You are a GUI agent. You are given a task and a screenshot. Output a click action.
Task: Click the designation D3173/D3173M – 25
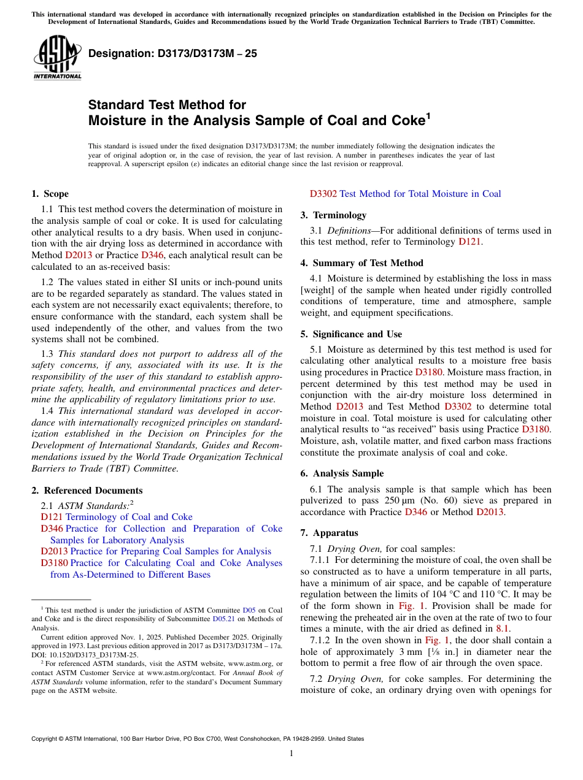172,53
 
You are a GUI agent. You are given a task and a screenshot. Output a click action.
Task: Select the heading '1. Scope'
50,194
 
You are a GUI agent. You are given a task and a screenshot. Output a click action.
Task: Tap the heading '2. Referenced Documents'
87,491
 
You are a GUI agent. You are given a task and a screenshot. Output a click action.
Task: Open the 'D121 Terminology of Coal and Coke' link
117,517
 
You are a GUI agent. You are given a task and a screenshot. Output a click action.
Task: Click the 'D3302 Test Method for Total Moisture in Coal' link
405,194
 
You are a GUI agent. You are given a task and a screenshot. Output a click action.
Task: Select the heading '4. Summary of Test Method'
361,263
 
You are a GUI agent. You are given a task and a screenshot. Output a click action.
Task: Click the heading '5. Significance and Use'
351,334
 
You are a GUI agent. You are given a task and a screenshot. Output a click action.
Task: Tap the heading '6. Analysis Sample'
342,473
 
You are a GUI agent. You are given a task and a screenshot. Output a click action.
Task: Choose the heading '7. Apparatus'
329,533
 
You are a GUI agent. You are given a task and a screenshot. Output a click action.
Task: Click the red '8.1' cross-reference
502,629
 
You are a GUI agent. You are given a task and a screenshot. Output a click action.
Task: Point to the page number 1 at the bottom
291,754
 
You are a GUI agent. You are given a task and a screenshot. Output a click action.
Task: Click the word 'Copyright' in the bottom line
45,739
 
